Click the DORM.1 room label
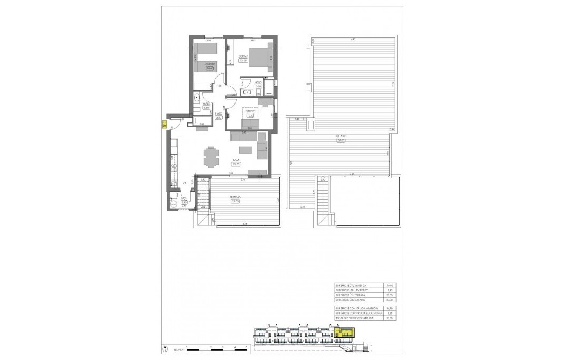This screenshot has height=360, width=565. pyautogui.click(x=243, y=56)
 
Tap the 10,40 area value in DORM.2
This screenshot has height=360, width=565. pyautogui.click(x=210, y=68)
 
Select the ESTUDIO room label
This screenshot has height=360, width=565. pyautogui.click(x=250, y=111)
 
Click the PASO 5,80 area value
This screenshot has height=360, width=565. pyautogui.click(x=219, y=118)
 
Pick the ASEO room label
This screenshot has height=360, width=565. pyautogui.click(x=258, y=82)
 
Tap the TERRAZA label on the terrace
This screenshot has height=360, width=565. pyautogui.click(x=236, y=196)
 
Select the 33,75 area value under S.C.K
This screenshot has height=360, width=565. pyautogui.click(x=236, y=164)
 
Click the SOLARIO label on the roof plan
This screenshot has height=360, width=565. pyautogui.click(x=341, y=136)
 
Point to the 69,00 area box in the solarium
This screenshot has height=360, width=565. pyautogui.click(x=341, y=140)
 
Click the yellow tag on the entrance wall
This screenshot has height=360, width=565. pyautogui.click(x=164, y=125)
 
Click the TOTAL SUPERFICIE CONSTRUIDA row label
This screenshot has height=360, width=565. pyautogui.click(x=355, y=318)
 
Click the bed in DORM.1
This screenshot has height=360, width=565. pyautogui.click(x=259, y=56)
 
